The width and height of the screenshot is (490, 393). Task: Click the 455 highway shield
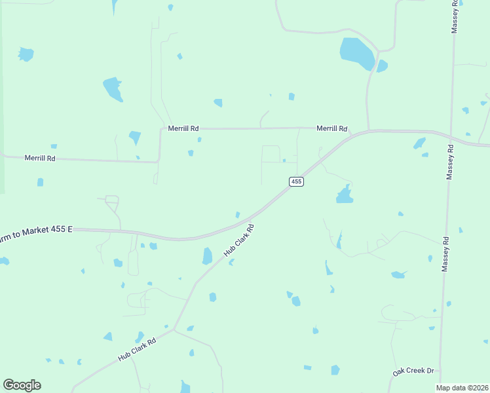pos(296,181)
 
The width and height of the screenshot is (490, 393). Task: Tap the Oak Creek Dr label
pos(413,371)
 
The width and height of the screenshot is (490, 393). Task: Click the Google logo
pos(22,385)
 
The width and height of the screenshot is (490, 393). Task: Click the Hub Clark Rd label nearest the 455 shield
pos(239,240)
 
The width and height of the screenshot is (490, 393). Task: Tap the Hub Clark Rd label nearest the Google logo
pos(137,350)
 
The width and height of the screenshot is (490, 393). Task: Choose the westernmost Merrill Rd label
pos(40,159)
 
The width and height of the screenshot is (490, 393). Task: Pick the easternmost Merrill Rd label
pos(331,129)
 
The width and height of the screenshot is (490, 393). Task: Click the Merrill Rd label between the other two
pos(183,129)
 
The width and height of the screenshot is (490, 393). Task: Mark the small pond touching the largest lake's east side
pos(382,65)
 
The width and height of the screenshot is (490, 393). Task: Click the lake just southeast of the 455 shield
pos(344,195)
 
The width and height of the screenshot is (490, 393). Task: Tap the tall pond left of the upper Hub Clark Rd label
pos(208,255)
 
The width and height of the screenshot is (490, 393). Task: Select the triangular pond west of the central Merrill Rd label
pos(134,137)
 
